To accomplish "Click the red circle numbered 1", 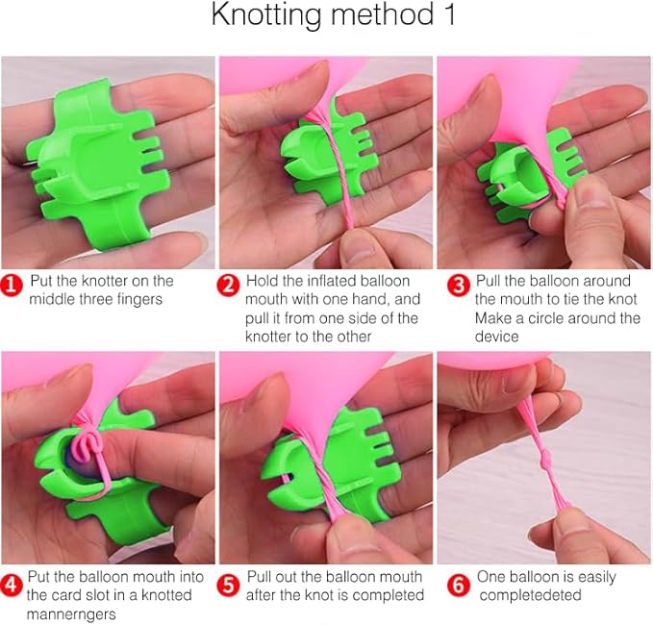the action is pyautogui.click(x=12, y=287).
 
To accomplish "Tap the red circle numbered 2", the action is pyautogui.click(x=228, y=287).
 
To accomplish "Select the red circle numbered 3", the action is pyautogui.click(x=458, y=287).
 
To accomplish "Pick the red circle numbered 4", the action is pyautogui.click(x=12, y=585).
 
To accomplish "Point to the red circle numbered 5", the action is pyautogui.click(x=228, y=585).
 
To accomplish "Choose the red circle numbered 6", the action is pyautogui.click(x=458, y=585).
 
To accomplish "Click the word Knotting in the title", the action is pyautogui.click(x=266, y=15).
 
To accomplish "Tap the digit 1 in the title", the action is pyautogui.click(x=449, y=14).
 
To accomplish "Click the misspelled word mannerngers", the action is pyautogui.click(x=71, y=614).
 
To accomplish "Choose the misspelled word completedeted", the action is pyautogui.click(x=530, y=595).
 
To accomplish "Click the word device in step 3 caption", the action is pyautogui.click(x=497, y=337).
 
